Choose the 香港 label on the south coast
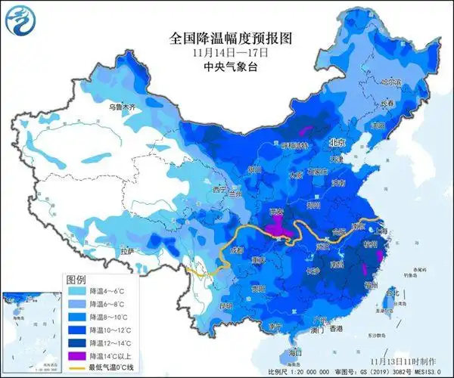tap(334, 329)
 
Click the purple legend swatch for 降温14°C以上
tap(76, 355)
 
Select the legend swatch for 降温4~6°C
tap(76, 290)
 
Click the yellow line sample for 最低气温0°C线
tap(76, 367)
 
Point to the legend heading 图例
tap(76, 278)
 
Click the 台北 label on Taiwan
tap(391, 292)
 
